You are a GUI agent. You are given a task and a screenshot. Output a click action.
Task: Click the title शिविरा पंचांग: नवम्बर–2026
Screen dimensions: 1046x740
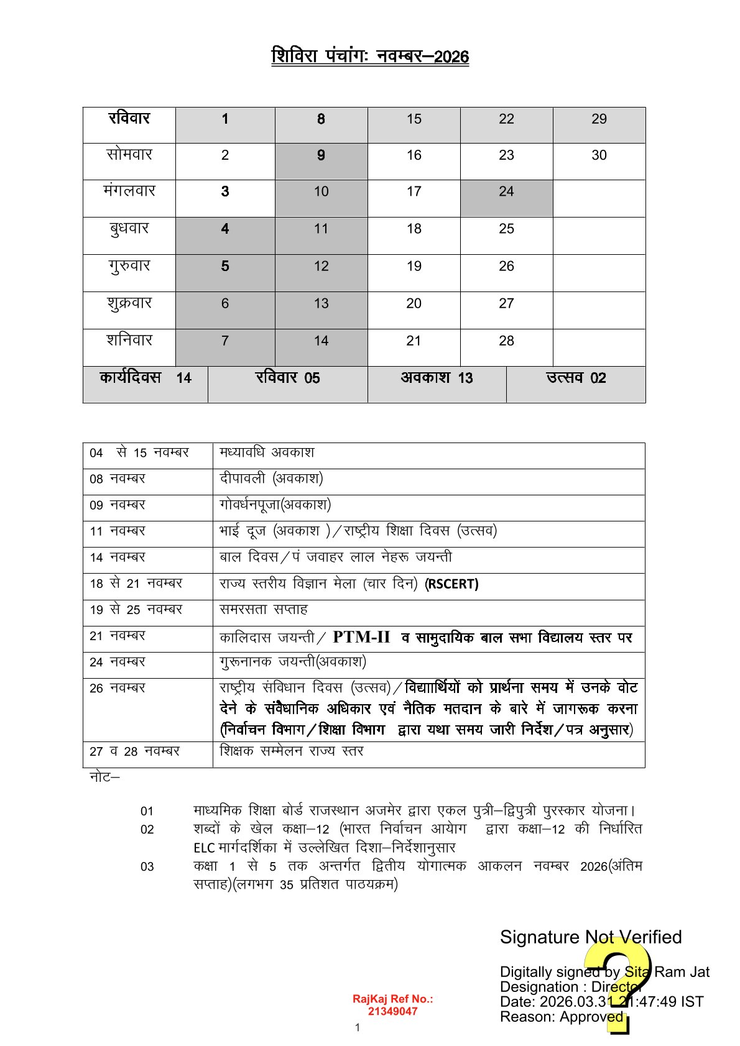point(370,57)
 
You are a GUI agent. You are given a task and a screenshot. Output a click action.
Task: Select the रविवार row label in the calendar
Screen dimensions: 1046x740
point(129,119)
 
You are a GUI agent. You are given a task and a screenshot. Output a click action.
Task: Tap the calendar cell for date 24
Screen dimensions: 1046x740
point(506,192)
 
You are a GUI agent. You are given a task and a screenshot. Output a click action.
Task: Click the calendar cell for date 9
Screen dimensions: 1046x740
point(321,155)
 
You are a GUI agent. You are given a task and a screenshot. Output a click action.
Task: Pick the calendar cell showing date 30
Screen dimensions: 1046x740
point(599,155)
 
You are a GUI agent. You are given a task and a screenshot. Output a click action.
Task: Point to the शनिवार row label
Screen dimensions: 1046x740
point(129,341)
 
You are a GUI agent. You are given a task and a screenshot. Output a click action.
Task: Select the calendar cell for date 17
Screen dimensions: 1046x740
point(414,192)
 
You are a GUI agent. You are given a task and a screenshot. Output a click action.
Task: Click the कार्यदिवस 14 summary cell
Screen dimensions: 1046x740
point(146,378)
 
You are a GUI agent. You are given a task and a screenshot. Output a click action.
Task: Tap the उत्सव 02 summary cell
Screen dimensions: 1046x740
point(576,378)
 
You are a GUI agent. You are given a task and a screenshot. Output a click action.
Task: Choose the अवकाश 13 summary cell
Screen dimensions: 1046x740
point(437,378)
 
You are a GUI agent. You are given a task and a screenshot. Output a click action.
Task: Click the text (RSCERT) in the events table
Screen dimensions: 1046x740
point(451,584)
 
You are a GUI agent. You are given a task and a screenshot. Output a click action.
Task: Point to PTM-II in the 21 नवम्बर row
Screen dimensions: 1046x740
point(361,637)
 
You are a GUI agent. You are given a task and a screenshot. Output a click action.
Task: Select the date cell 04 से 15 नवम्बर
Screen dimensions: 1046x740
point(139,453)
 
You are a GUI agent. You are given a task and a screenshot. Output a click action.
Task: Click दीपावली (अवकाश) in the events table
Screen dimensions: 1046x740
point(271,479)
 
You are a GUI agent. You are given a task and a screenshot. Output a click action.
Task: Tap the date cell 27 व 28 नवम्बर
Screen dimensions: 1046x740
point(135,751)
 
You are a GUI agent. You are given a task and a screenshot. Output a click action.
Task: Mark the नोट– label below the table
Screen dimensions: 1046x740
point(104,777)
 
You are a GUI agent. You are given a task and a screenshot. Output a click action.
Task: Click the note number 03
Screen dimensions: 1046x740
point(147,867)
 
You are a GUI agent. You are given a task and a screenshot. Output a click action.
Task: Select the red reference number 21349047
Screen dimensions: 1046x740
point(392,1011)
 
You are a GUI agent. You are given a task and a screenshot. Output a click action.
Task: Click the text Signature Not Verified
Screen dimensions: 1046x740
point(590,937)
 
